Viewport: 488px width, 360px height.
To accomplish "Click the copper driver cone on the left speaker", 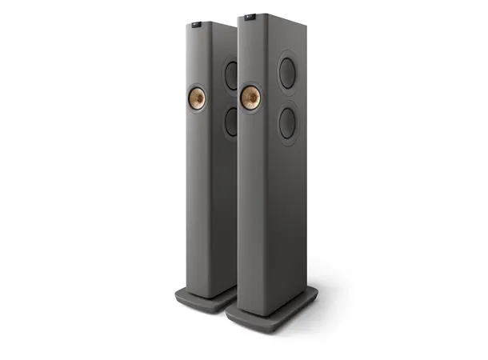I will pos(196,98).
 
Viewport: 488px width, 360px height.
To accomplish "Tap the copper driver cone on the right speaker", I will pos(250,98).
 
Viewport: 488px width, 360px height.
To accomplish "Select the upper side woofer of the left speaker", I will pos(230,76).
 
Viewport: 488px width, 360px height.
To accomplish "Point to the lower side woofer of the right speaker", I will pos(286,124).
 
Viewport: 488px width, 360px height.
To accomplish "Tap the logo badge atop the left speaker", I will pos(197,26).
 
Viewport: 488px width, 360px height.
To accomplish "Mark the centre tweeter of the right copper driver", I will pos(250,98).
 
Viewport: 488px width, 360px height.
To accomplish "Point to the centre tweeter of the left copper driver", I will pos(196,98).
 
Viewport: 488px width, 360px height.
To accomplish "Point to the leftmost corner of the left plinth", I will pos(174,294).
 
